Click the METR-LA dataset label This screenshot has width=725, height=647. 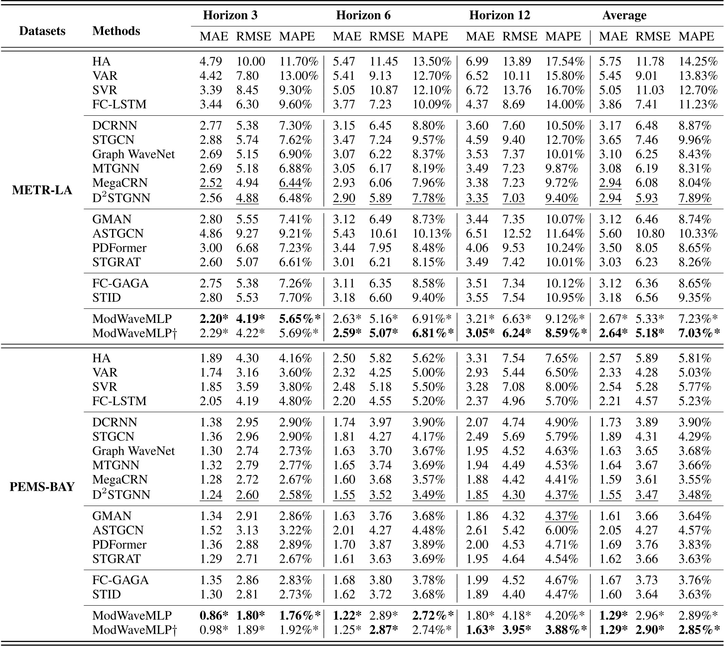coord(42,190)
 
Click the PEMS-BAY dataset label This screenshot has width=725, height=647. coord(42,487)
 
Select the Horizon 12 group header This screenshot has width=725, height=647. coord(499,15)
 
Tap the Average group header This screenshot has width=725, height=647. coord(624,15)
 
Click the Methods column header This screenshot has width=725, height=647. coord(116,31)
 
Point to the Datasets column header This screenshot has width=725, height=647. coord(42,31)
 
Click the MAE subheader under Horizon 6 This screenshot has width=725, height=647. coord(347,37)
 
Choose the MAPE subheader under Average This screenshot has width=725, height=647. coord(696,37)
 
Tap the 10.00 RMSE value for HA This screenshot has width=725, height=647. coord(250,62)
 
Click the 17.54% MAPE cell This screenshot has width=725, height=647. coord(564,62)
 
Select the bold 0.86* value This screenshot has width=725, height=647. coord(214,616)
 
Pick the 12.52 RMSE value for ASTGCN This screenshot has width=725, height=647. coord(516,234)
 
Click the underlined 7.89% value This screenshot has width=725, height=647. coord(695,198)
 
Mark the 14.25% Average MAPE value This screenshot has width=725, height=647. coord(698,62)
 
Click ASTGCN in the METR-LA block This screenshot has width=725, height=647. coord(118,234)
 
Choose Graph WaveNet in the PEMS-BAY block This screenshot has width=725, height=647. coord(133,451)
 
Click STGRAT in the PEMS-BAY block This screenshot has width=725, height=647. coord(116,559)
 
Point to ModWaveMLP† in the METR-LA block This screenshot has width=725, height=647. coord(134,333)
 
